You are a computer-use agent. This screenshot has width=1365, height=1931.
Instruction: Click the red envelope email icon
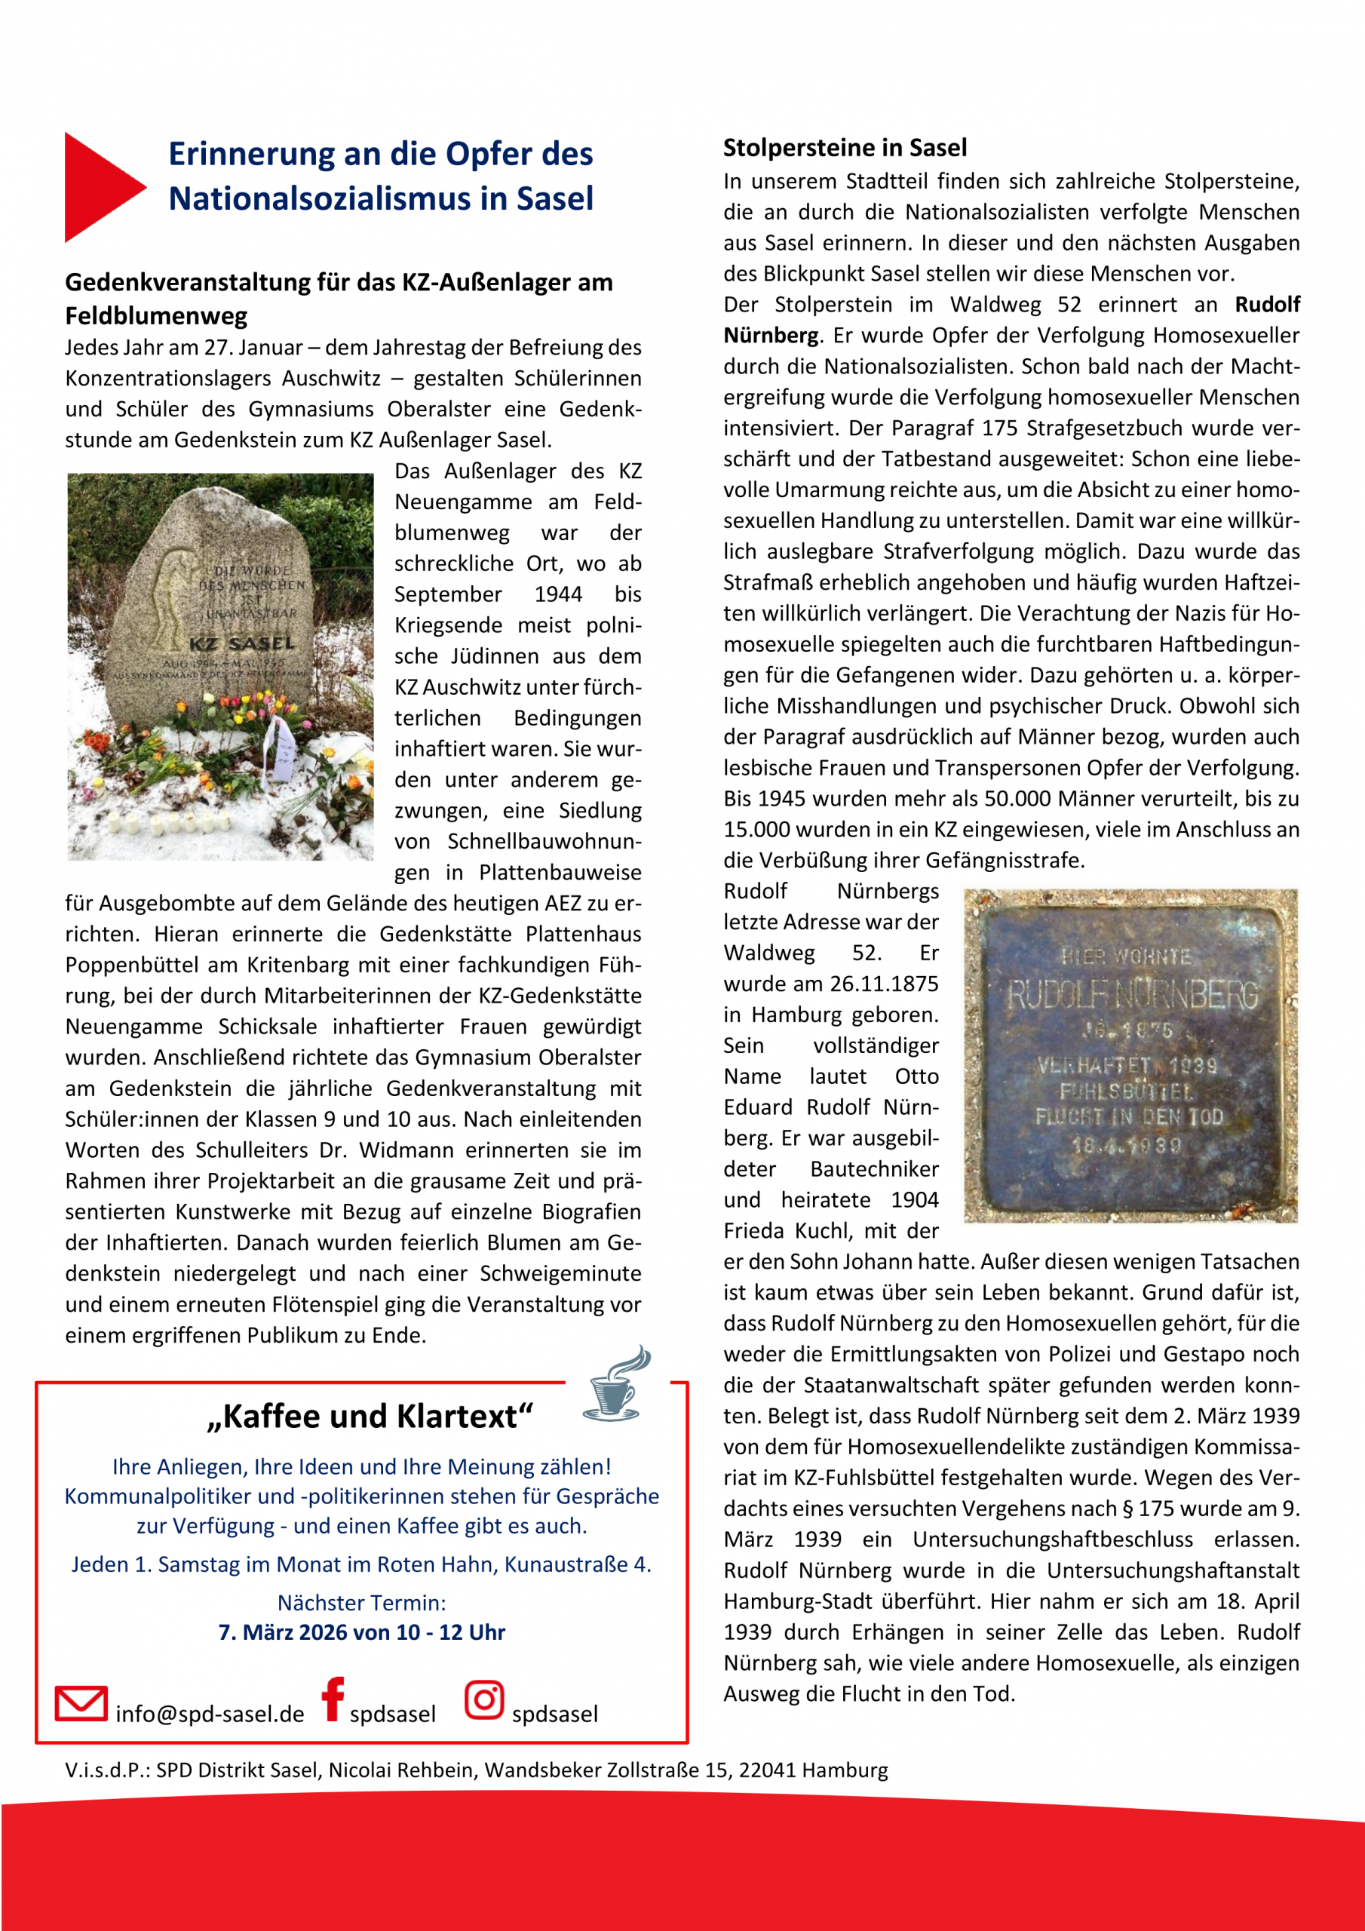click(81, 1703)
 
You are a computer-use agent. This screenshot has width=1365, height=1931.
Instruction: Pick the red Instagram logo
click(483, 1699)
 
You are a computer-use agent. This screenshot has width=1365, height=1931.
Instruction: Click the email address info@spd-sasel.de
click(210, 1714)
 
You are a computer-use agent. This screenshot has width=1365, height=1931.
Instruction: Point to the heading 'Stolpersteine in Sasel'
click(845, 148)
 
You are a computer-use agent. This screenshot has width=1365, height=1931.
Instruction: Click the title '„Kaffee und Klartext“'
click(370, 1417)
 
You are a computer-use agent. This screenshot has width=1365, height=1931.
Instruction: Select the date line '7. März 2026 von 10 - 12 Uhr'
click(362, 1632)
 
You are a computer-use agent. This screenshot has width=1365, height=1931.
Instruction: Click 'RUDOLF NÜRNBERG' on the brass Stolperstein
click(1132, 995)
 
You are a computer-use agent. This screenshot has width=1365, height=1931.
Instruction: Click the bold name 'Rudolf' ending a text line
click(1268, 305)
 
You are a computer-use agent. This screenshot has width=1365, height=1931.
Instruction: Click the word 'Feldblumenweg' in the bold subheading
click(156, 316)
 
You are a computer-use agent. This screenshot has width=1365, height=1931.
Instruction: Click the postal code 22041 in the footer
click(767, 1770)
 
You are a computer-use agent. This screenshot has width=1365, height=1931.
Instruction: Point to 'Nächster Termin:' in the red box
click(362, 1603)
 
